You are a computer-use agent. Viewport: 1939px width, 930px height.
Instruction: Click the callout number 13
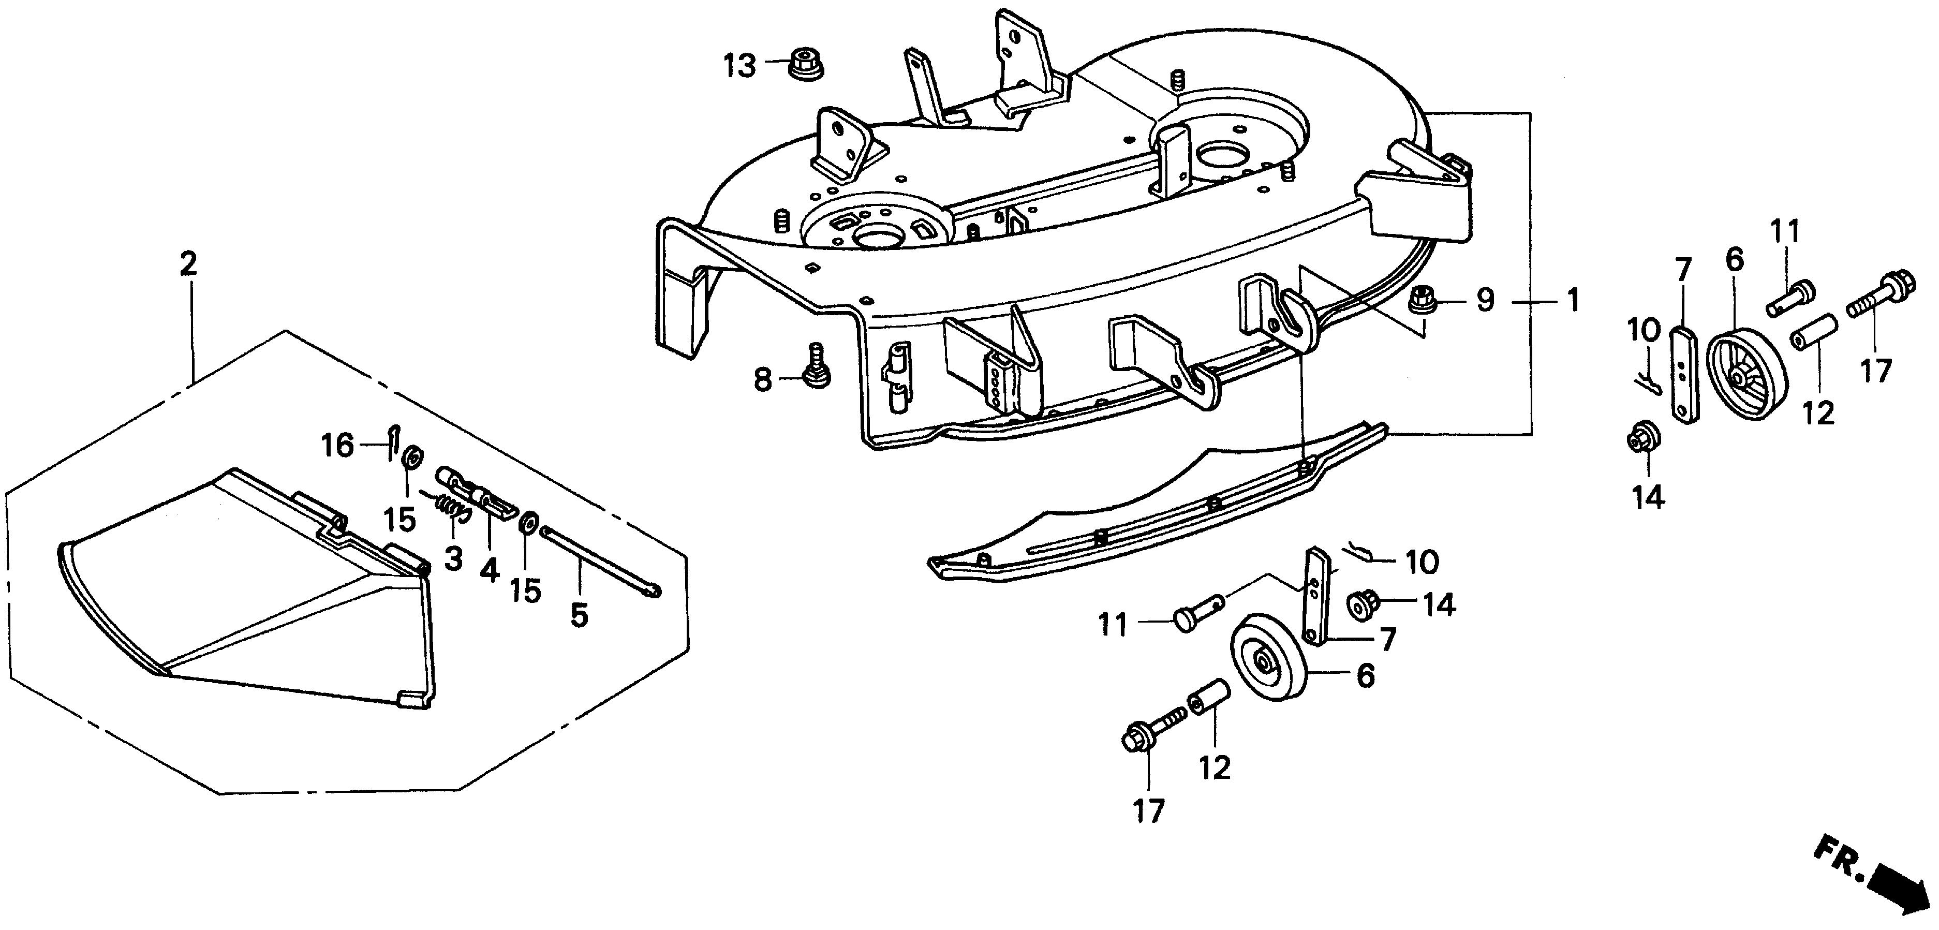coord(740,66)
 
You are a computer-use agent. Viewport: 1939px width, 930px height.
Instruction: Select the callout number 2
coord(188,263)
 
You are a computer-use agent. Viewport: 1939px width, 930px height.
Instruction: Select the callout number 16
coord(337,445)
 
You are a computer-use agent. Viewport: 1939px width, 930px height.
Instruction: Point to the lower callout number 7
coord(1386,639)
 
